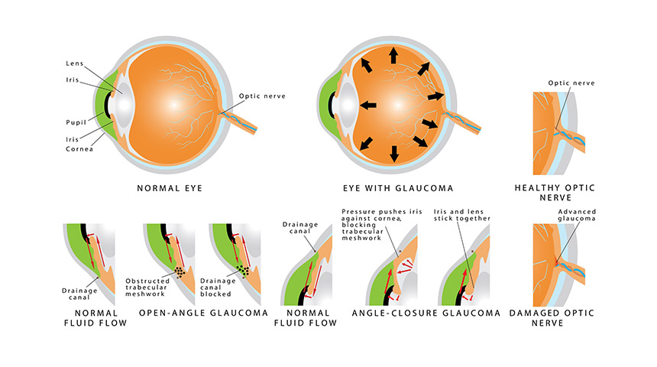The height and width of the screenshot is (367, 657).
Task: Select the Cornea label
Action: [79, 150]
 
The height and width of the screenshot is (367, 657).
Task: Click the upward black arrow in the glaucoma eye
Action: [394, 54]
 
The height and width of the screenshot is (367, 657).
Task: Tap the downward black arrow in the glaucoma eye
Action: [394, 153]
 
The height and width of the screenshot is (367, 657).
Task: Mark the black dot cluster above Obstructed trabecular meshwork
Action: [180, 271]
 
